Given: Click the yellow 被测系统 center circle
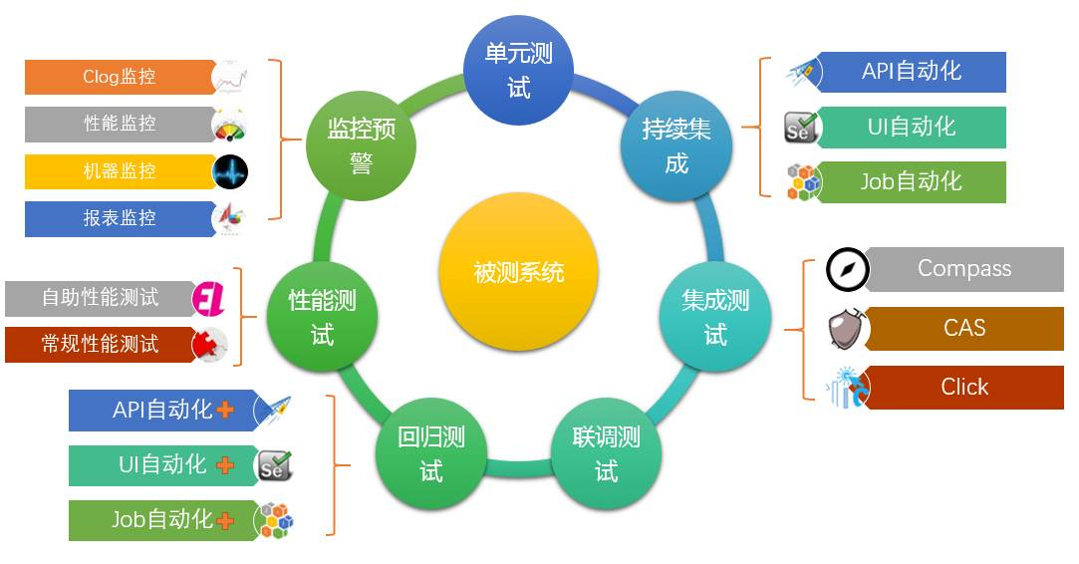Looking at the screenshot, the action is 518,271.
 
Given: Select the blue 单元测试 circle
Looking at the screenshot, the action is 518,70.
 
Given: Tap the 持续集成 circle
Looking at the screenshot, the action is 676,145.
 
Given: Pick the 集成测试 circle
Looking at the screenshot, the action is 715,317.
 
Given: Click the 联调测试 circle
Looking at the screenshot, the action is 606,453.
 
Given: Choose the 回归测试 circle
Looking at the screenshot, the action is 431,453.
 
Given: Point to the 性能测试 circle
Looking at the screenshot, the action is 322,317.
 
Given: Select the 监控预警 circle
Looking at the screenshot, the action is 361,145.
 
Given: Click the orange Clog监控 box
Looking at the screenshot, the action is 120,77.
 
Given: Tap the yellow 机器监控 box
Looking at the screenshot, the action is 120,171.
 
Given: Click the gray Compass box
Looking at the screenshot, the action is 963,269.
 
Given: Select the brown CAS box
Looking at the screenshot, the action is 963,328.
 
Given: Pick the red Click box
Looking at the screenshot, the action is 963,387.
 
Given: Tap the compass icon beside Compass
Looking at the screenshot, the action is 848,270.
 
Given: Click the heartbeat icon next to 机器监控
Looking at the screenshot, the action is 230,171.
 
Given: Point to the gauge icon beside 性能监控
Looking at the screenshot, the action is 230,125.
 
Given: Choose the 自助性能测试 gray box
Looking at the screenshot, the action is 100,297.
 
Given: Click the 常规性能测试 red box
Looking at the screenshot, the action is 100,344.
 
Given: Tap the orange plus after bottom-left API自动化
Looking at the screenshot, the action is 226,410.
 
